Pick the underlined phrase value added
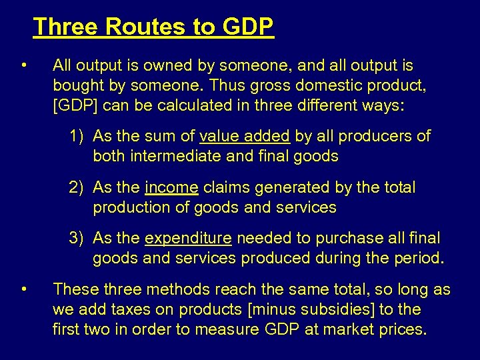click(245, 137)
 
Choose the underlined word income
click(171, 188)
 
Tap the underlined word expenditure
click(188, 239)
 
